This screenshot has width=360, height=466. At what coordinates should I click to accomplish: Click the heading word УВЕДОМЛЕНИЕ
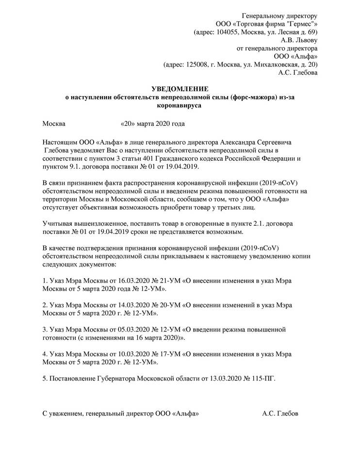[x=180, y=89]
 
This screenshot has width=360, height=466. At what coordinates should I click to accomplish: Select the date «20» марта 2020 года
[x=152, y=124]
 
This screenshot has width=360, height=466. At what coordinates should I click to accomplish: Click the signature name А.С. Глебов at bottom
[x=280, y=414]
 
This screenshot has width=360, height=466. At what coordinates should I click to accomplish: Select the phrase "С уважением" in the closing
[x=62, y=414]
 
